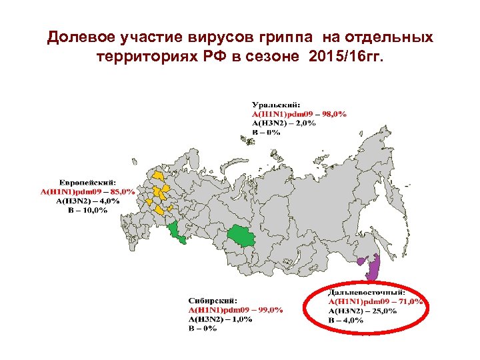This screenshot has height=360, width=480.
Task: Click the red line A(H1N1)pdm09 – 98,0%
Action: click(299, 114)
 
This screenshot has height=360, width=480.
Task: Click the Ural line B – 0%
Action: click(265, 132)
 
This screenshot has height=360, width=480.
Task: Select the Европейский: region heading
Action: click(89, 182)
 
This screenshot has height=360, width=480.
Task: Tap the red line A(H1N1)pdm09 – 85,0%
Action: click(88, 191)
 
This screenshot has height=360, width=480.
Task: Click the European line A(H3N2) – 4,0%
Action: click(88, 201)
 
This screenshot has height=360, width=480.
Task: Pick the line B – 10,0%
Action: click(87, 211)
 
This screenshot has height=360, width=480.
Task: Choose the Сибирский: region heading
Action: click(212, 300)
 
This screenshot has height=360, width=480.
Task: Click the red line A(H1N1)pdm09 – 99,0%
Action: click(235, 309)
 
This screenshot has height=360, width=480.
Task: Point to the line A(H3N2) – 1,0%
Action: click(220, 319)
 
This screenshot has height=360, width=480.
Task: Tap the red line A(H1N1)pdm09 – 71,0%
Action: click(376, 301)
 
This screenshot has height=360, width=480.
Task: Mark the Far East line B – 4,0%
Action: click(346, 320)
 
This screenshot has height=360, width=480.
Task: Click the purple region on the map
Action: click(372, 268)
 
